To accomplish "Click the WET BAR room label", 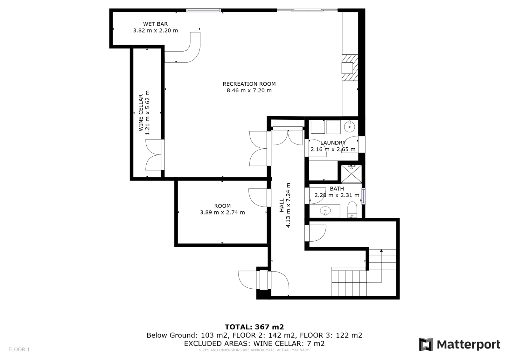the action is pos(156,24).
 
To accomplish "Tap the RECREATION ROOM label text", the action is pos(249,84).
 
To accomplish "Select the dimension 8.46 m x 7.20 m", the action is pos(249,90).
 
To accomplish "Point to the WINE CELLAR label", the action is pos(141,113).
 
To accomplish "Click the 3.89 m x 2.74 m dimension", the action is pos(222,212).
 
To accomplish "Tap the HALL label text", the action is pos(282,205).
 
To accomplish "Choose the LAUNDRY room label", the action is pos(333,143).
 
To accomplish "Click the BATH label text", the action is pos(337,188).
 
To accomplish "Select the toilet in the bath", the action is pos(352,209).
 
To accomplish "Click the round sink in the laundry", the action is pos(349,127).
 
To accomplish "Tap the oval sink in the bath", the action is pos(325,211).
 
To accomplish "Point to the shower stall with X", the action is pos(351,174).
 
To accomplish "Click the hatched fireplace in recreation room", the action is pos(350,68).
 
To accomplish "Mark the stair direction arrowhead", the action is pos(381,251).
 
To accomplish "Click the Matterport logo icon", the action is pos(426,344).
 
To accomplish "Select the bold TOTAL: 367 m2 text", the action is pos(254,327).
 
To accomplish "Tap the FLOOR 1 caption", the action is pos(19,349).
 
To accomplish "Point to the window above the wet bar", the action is pos(203,10).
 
